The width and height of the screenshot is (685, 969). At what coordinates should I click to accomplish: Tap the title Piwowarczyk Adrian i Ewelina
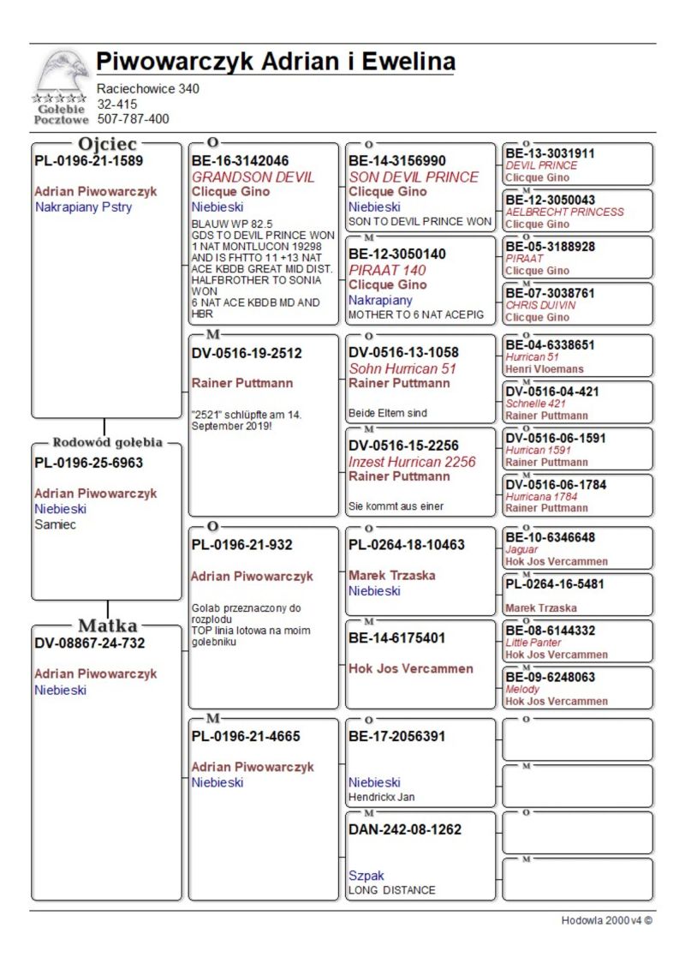275,62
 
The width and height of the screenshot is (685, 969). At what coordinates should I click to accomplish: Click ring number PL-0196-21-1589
88,160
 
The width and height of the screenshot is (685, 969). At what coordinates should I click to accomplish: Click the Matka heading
107,625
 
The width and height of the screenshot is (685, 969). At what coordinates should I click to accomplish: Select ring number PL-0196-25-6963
88,463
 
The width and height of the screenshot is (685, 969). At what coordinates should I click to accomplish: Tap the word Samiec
55,524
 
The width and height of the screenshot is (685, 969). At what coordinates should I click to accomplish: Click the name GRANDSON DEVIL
253,177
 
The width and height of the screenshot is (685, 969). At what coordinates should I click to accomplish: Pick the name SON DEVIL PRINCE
414,177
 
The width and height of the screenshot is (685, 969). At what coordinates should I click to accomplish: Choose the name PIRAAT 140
387,270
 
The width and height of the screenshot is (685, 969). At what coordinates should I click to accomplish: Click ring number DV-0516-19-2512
247,352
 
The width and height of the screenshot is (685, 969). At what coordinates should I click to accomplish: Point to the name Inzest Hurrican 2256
412,462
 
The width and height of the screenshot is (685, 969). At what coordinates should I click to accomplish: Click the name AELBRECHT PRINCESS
564,212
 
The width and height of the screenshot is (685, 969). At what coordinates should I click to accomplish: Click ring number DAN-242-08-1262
405,829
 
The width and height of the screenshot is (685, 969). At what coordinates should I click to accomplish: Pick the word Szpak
366,876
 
